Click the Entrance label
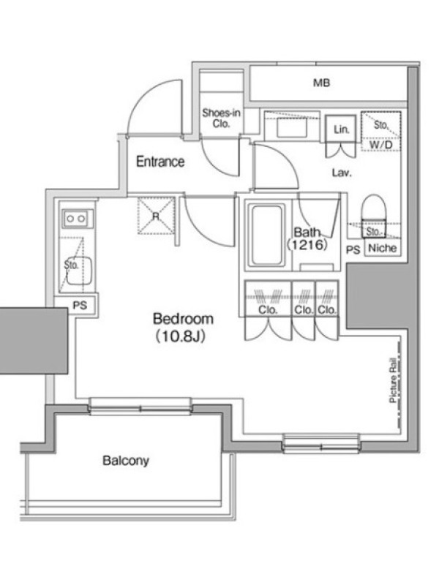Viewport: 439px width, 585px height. (x=160, y=162)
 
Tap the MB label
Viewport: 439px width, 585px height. (x=321, y=83)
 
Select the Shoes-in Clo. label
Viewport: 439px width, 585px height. (x=221, y=118)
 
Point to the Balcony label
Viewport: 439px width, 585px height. (x=126, y=461)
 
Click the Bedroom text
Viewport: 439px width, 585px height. (x=184, y=319)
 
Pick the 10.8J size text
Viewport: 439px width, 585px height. (x=181, y=337)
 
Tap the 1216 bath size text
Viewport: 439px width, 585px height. (x=307, y=245)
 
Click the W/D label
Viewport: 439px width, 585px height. (x=380, y=145)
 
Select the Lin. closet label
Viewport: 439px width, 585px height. (x=341, y=129)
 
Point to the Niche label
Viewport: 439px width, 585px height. (x=382, y=248)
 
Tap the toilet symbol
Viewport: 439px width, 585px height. (x=374, y=216)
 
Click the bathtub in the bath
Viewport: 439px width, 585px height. (x=266, y=235)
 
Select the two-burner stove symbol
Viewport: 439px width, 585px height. (x=77, y=219)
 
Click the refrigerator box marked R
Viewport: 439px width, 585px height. (x=156, y=216)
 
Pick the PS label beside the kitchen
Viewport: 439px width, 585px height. (x=80, y=305)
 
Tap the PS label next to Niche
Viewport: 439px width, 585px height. (x=353, y=249)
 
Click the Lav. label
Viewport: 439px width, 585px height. (x=342, y=173)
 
